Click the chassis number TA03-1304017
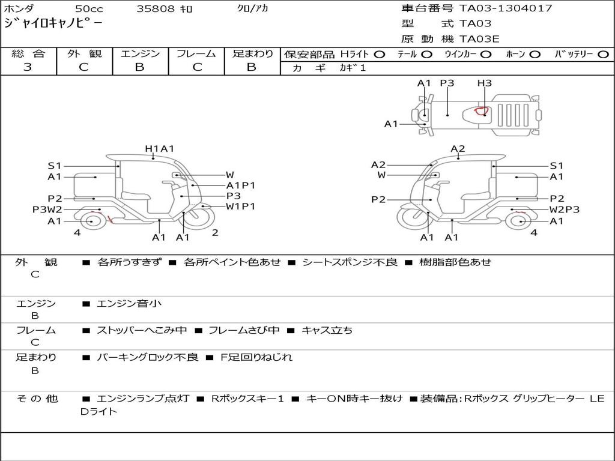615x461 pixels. [506, 8]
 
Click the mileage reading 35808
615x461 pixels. [156, 9]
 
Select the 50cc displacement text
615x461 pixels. [88, 9]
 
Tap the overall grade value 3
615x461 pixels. [28, 67]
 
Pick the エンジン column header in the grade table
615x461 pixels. [140, 53]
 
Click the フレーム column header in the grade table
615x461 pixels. [196, 53]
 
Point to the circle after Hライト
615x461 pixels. [379, 54]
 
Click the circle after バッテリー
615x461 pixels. [603, 54]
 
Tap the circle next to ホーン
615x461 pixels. [535, 54]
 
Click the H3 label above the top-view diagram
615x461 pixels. [485, 83]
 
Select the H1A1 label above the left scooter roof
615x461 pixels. [159, 149]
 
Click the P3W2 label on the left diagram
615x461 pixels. [47, 209]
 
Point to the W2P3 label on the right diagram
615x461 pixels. [565, 209]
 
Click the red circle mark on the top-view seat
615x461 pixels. [481, 110]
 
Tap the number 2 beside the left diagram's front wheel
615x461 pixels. [214, 232]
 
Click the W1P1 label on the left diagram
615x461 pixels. [240, 206]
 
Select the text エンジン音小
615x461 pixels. [129, 304]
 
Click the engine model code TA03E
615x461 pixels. [479, 40]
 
